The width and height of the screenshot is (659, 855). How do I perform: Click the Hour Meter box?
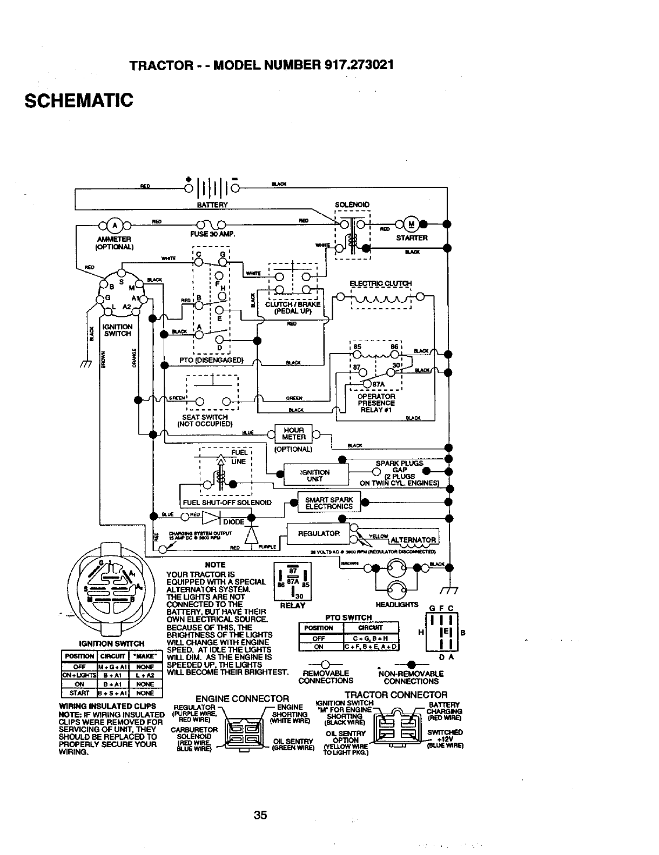(294, 433)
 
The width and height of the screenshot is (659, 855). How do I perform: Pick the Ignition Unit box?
(314, 475)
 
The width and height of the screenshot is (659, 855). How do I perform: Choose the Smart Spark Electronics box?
(329, 503)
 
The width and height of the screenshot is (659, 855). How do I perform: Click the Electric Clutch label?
(380, 284)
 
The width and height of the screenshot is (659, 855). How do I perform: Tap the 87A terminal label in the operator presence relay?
(379, 384)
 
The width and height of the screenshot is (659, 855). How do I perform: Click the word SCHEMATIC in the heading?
(78, 100)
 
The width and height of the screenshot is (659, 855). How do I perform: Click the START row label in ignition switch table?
(79, 693)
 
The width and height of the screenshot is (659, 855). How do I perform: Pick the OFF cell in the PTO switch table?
(319, 638)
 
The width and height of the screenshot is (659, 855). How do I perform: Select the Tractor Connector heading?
(395, 695)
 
